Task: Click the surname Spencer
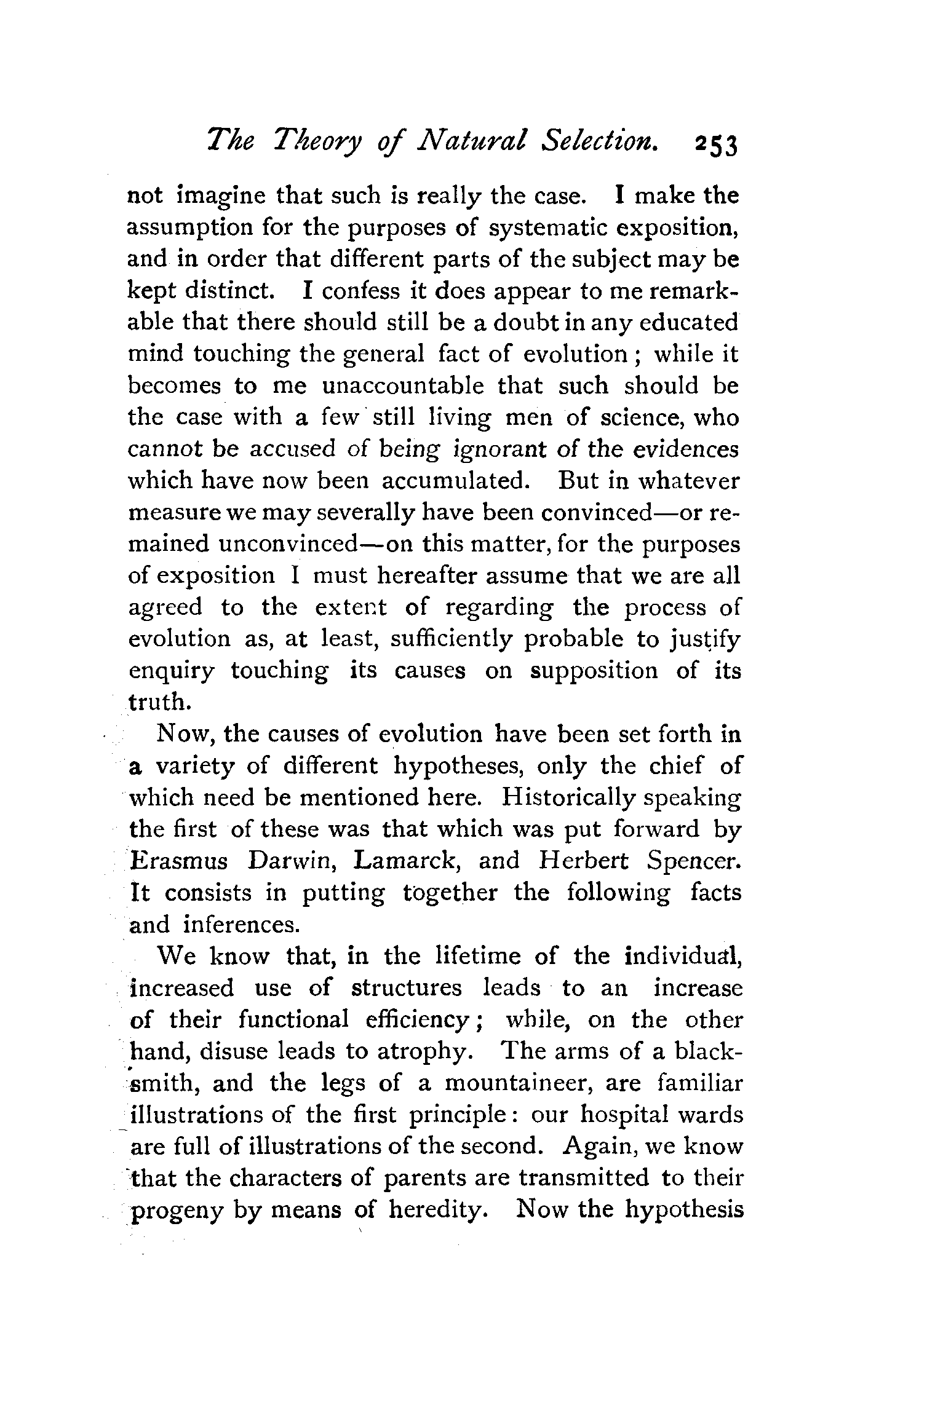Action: pos(694,861)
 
